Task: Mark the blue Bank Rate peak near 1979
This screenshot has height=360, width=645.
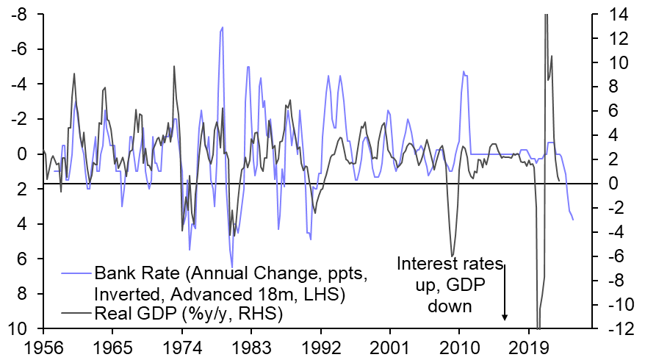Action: [222, 27]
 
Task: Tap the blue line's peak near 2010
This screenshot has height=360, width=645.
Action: [463, 71]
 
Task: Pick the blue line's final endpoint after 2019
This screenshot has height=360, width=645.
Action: [573, 220]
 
